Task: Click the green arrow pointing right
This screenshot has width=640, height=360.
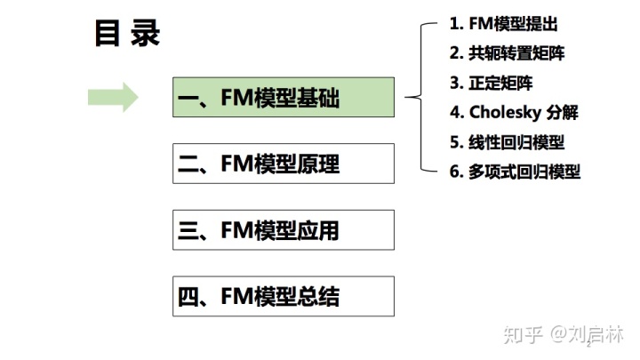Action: click(113, 97)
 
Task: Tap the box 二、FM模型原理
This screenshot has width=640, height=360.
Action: click(283, 164)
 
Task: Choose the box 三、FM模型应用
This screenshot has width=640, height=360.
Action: click(283, 230)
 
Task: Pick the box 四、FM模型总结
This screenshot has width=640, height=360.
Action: click(283, 296)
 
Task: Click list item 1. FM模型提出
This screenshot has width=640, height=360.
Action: click(505, 24)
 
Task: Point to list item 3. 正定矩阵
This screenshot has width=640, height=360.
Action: click(492, 83)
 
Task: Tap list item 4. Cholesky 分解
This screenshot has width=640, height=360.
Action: click(514, 113)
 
